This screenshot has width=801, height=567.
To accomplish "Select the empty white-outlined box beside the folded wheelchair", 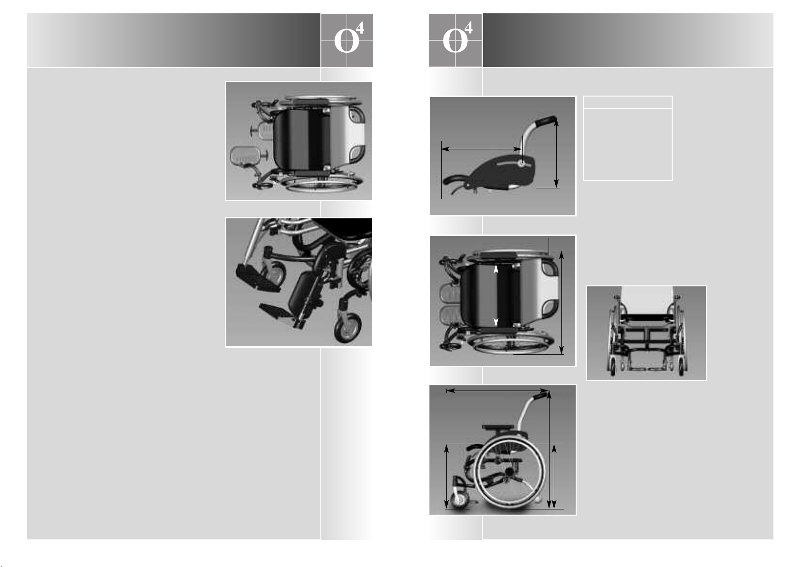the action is click(x=627, y=138).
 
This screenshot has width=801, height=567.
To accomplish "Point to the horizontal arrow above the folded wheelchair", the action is click(x=482, y=149).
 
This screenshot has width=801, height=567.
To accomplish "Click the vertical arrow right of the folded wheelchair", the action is click(x=556, y=153).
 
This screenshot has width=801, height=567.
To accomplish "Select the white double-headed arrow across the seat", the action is click(x=496, y=295).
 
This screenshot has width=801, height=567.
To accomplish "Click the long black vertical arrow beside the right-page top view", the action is click(x=561, y=302).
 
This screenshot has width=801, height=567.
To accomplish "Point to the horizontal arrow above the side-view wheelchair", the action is click(x=497, y=391).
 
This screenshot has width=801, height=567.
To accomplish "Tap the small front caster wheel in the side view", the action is click(x=459, y=500).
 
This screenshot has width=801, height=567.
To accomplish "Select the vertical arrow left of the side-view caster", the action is click(x=446, y=477).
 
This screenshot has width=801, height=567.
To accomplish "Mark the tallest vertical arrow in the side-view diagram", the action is click(x=549, y=450).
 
